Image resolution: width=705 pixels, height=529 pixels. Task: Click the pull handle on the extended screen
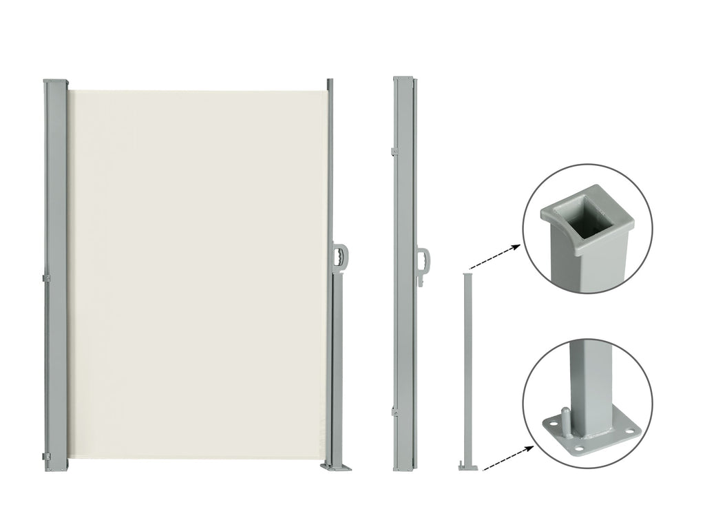(x=341, y=255)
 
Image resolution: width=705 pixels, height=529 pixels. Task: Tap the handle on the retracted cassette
(x=425, y=261)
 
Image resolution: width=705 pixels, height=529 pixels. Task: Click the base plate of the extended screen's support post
(x=335, y=467)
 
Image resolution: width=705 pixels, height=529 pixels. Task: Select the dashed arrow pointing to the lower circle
(x=509, y=458)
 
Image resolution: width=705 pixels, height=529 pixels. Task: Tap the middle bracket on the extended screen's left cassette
(x=47, y=278)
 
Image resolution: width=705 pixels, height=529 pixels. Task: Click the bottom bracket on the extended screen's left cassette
(x=47, y=457)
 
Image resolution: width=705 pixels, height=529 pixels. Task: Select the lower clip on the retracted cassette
(x=395, y=411)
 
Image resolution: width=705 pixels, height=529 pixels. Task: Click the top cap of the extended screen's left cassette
(x=56, y=81)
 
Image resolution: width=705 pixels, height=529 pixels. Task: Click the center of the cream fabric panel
(x=198, y=276)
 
